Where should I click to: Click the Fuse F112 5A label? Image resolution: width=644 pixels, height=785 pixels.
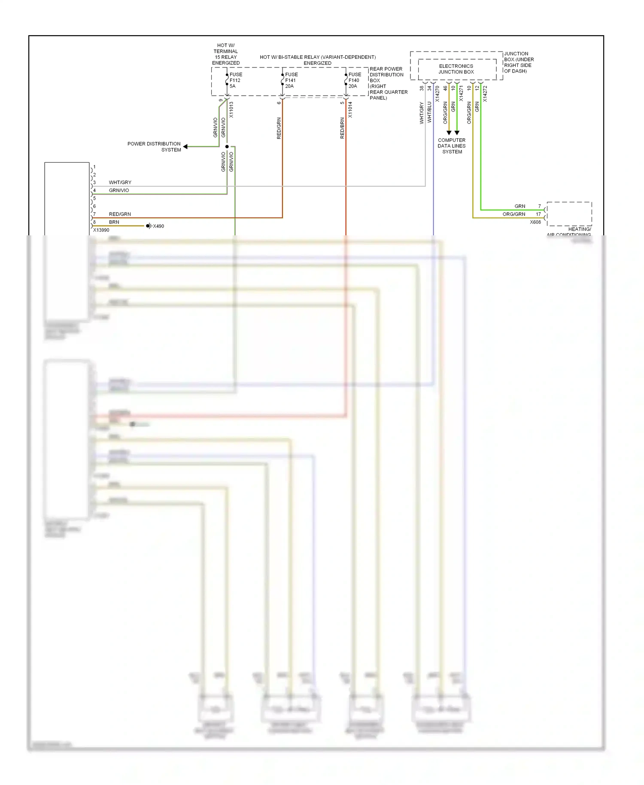coord(235,80)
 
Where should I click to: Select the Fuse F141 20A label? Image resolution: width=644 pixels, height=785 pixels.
coord(291,80)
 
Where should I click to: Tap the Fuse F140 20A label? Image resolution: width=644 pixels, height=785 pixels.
coord(354,80)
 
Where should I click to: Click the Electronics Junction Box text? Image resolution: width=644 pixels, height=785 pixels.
coord(456,69)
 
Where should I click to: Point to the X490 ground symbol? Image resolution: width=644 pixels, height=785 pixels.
coord(149,226)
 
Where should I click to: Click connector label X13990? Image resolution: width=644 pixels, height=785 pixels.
coord(101,230)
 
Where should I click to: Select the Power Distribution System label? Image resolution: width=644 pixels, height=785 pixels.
coord(154,147)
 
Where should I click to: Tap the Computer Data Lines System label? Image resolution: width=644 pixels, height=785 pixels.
coord(452,146)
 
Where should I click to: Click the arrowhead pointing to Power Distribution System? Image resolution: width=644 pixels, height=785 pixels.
coord(185,147)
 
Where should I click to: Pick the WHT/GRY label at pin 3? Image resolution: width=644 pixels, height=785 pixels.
coord(120,183)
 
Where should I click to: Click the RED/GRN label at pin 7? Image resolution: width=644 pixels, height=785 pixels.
coord(120,214)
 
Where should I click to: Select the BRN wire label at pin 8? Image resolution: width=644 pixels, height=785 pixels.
coord(114,222)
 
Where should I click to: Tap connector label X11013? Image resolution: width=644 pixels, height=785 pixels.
coord(231,110)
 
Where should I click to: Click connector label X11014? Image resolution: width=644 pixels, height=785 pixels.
coord(350,110)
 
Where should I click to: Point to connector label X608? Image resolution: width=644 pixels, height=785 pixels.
coord(535,222)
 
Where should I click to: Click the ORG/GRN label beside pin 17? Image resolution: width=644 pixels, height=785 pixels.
coord(514,214)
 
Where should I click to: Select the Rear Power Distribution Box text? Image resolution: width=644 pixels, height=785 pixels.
coord(388,83)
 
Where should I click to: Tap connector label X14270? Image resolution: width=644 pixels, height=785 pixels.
coord(437,94)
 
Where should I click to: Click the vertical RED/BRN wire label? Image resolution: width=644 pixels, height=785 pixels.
coord(342,128)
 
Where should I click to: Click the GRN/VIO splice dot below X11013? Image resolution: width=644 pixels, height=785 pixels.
coord(227,147)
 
